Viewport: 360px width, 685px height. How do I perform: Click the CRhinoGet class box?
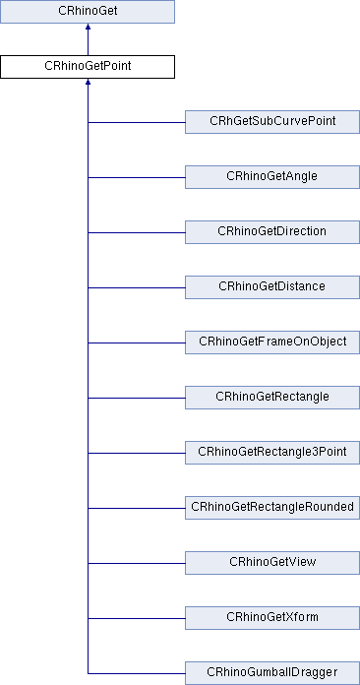[x=88, y=13]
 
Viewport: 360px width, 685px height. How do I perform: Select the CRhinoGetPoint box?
[x=88, y=67]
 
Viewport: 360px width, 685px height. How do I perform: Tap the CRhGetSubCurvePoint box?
[x=271, y=121]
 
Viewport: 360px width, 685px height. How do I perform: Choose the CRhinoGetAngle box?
[x=271, y=176]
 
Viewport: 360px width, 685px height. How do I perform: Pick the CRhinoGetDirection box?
[x=271, y=231]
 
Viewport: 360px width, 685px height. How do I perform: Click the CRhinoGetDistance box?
[x=271, y=286]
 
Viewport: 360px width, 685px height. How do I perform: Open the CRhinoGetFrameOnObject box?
[x=271, y=342]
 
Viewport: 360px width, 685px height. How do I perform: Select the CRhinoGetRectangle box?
[x=271, y=397]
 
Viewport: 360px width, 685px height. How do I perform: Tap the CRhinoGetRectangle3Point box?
[x=271, y=452]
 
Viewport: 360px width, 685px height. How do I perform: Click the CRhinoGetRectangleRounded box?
[x=271, y=507]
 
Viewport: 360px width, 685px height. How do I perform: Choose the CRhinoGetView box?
[x=271, y=562]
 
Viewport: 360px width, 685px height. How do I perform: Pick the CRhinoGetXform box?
[x=271, y=617]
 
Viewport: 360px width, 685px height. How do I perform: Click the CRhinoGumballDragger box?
[x=271, y=672]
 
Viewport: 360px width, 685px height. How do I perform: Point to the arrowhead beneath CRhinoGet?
[x=88, y=30]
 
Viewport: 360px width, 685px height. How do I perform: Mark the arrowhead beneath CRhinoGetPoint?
[x=88, y=85]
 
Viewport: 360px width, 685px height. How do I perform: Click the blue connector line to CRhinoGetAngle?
[x=137, y=177]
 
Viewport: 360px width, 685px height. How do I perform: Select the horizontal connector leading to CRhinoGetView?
[x=137, y=563]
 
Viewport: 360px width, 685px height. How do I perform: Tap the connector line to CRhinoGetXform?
[x=137, y=618]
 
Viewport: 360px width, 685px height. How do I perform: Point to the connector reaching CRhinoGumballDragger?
[x=137, y=673]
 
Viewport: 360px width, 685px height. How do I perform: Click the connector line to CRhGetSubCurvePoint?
[x=137, y=122]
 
